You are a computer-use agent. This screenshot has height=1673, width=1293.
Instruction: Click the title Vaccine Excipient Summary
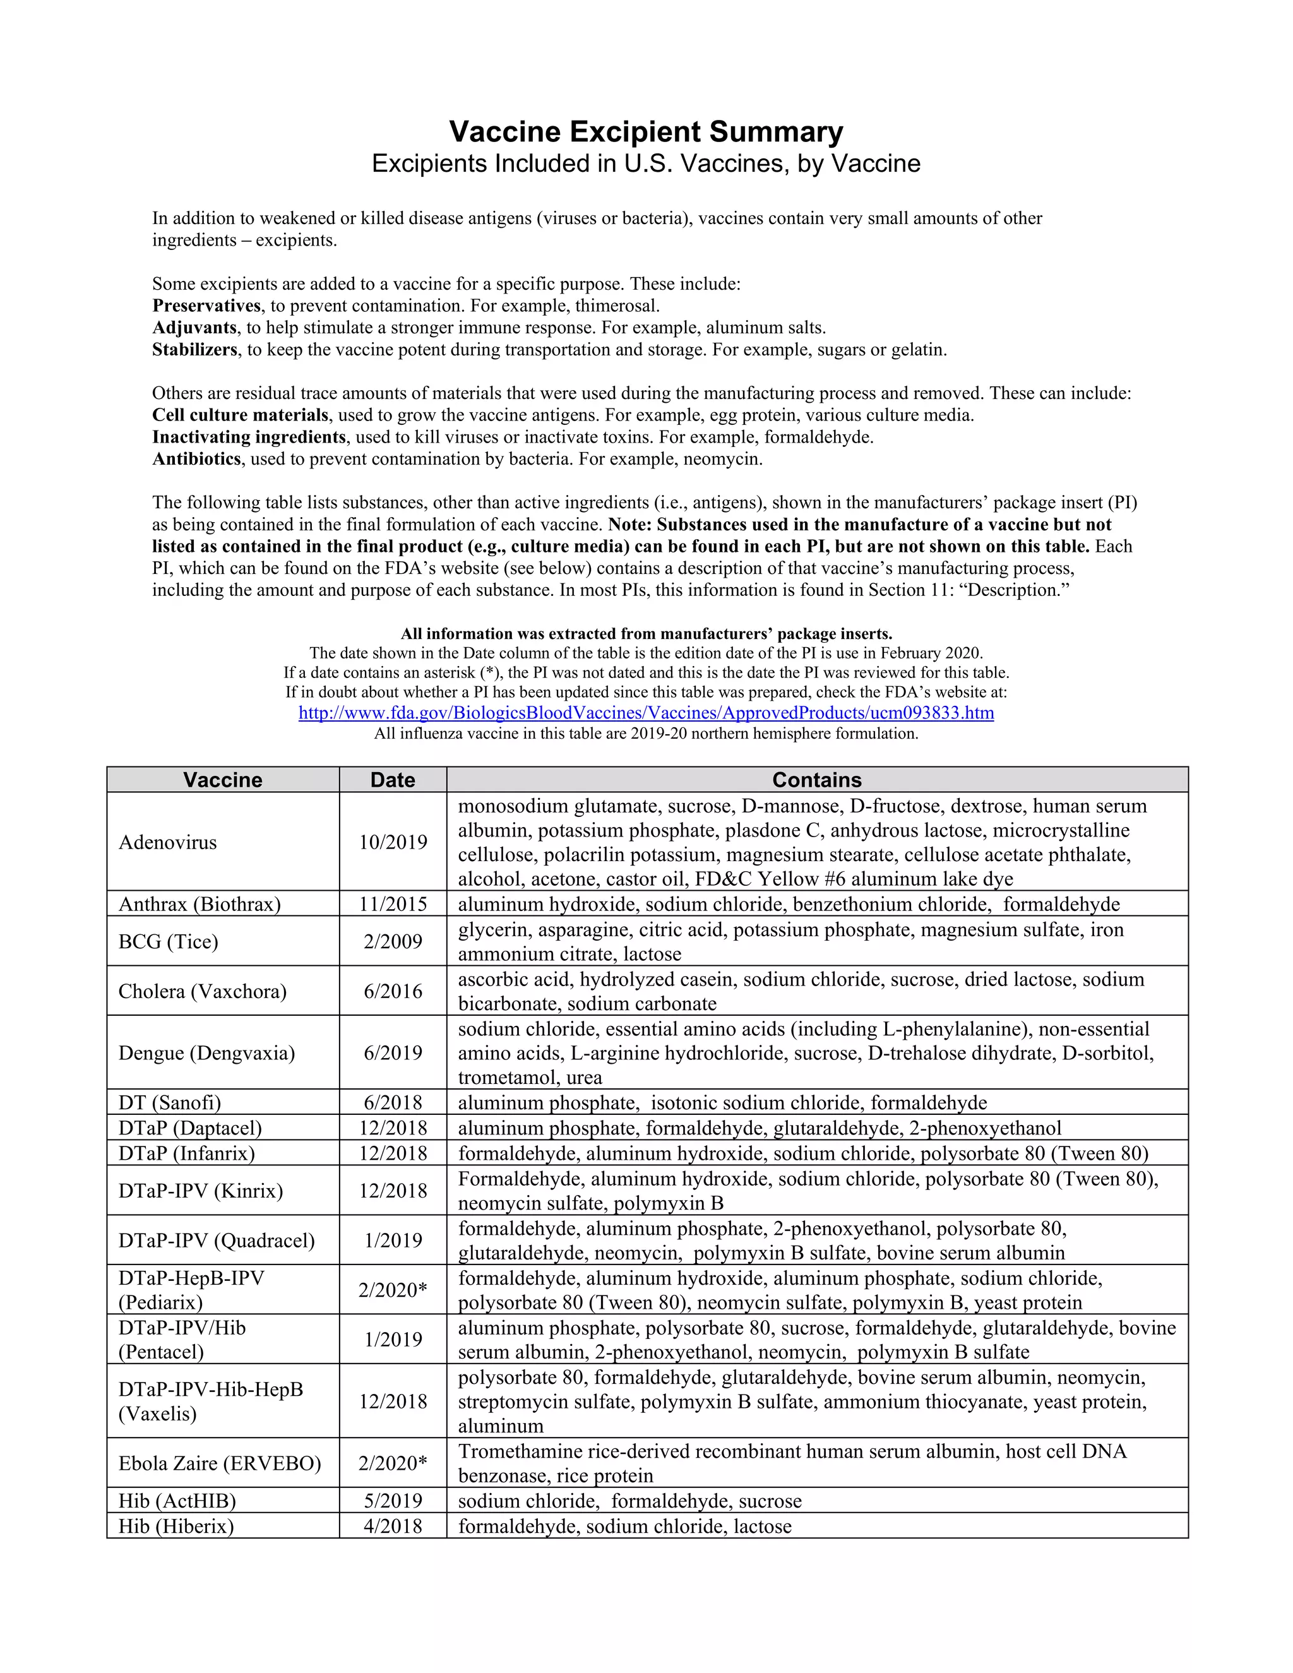coord(646,132)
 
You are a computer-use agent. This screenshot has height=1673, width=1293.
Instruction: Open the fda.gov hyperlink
coord(646,713)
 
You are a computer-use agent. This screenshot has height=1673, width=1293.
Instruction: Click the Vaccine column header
coord(222,780)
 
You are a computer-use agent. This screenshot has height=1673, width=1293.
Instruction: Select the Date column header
coord(392,780)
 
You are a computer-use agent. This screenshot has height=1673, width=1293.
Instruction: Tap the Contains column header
coord(816,780)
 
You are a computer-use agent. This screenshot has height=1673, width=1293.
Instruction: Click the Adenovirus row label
coord(168,842)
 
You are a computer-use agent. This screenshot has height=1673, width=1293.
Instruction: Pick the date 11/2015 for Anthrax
coord(392,904)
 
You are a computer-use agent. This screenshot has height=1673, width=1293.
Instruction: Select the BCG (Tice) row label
coord(169,941)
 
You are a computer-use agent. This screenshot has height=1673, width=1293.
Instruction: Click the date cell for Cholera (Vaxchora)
coord(392,991)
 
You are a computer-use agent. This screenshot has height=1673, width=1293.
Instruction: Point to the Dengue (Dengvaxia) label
coord(206,1052)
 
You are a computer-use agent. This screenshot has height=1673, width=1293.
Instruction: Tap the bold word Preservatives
coord(206,306)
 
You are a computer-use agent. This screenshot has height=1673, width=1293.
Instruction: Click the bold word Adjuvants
coord(194,328)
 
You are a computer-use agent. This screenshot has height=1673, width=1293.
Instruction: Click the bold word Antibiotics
coord(197,460)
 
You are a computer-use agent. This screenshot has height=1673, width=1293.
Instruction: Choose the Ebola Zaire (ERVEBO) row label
coord(220,1463)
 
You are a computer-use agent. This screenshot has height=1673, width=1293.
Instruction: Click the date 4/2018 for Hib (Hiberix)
coord(392,1526)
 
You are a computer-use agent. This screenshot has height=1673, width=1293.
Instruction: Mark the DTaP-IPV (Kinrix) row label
coord(201,1191)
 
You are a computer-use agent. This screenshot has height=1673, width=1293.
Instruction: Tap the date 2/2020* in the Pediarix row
coord(392,1290)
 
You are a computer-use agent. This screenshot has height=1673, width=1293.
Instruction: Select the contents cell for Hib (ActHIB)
coord(629,1501)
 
